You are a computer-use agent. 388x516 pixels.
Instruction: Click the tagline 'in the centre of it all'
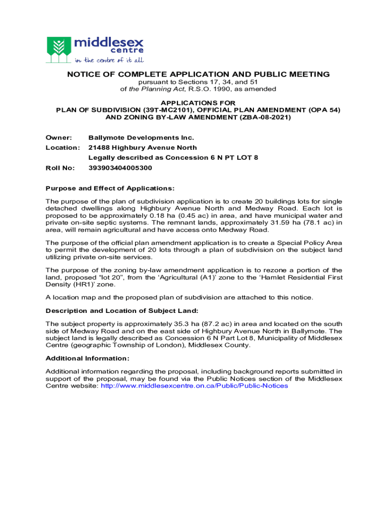click(x=109, y=60)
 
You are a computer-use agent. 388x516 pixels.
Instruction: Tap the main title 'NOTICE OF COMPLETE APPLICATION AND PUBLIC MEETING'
click(x=199, y=75)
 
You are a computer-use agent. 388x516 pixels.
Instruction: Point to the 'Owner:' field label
click(x=58, y=138)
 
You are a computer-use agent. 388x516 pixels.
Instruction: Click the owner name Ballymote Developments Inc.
click(x=141, y=138)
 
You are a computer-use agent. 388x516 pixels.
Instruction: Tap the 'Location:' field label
click(x=62, y=148)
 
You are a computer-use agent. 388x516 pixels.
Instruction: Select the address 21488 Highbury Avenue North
click(x=143, y=148)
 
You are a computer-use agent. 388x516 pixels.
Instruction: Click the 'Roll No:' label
click(x=60, y=168)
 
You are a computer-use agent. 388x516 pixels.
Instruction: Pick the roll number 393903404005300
click(x=120, y=168)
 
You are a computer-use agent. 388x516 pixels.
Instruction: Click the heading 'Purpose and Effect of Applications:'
click(x=110, y=188)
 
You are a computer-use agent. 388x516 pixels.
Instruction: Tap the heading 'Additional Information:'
click(x=88, y=358)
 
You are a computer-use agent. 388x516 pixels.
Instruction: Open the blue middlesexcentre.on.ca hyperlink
click(x=195, y=386)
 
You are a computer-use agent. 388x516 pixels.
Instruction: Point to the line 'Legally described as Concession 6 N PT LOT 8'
click(x=173, y=158)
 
